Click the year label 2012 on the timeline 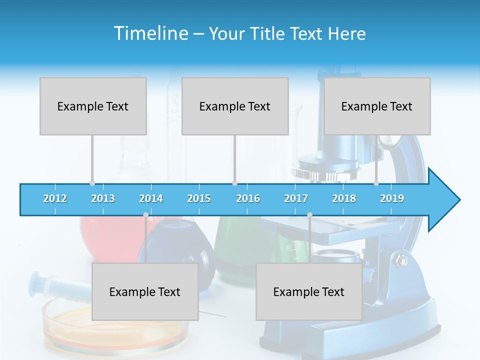55,198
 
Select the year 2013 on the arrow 103,198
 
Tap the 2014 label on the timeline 151,198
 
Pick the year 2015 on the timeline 199,198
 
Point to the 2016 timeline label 248,198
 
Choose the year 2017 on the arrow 296,198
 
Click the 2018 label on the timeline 344,198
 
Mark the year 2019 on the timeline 392,198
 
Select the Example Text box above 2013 93,106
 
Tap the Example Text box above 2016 235,106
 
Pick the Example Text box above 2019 377,106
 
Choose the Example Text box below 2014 145,291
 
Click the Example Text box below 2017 309,291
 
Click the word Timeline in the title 150,33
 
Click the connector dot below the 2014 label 145,214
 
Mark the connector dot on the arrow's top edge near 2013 92,183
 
